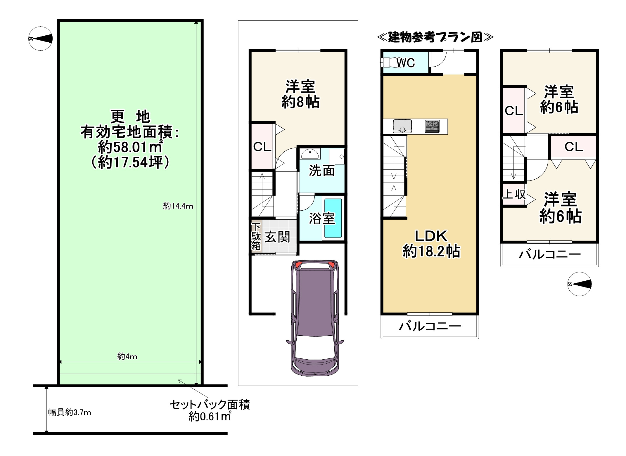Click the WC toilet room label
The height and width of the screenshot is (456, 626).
click(x=405, y=63)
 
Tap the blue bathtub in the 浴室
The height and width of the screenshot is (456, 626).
click(x=333, y=218)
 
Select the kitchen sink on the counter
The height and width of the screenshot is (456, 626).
click(x=402, y=126)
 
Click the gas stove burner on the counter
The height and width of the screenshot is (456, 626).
click(x=432, y=126)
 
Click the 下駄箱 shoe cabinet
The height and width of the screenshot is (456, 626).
click(x=256, y=237)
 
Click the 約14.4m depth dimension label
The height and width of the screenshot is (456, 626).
click(x=178, y=206)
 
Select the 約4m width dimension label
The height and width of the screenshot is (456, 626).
click(x=127, y=356)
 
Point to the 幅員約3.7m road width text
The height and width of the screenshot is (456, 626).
click(x=70, y=412)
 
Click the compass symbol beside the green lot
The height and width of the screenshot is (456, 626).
click(x=41, y=39)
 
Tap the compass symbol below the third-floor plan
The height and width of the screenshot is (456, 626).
click(x=579, y=284)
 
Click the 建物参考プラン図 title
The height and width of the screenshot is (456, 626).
click(x=435, y=37)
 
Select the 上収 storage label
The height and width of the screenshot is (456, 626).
click(x=513, y=195)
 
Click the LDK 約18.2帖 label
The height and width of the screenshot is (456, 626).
click(x=431, y=244)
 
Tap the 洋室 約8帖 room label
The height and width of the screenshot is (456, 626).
click(x=300, y=94)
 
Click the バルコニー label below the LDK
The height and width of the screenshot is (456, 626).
click(x=430, y=326)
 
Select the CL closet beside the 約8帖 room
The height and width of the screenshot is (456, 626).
click(x=262, y=147)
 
